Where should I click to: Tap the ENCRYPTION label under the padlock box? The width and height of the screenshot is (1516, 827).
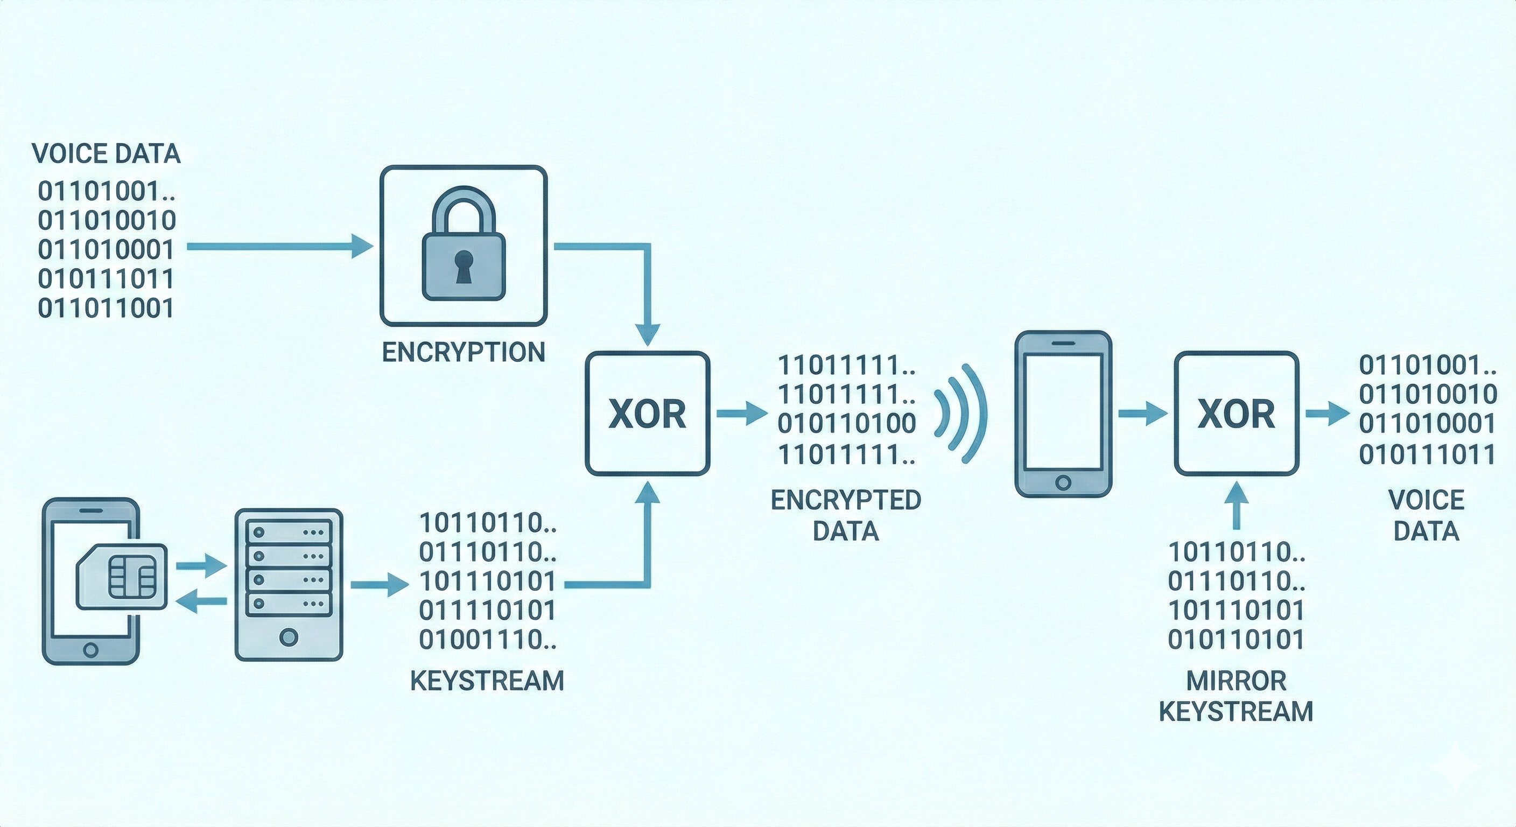464,353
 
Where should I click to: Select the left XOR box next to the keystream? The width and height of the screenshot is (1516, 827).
647,413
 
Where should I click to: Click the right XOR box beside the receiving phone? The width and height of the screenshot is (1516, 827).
1237,413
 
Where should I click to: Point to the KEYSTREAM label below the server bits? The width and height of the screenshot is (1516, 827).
487,681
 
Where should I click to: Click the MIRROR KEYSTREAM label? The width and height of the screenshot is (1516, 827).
1237,696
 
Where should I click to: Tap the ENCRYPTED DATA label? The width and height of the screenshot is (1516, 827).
846,515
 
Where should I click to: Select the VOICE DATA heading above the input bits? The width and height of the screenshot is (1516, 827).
106,153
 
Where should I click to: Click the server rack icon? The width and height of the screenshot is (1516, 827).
289,585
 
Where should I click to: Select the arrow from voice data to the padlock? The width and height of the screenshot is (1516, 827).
279,246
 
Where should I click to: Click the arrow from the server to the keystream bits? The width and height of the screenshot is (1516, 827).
380,585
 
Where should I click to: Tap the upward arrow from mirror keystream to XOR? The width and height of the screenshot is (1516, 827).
1237,504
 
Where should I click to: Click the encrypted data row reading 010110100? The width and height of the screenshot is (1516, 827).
847,424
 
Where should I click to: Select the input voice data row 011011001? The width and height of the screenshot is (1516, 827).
106,309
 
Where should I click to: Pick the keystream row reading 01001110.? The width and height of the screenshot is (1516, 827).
487,639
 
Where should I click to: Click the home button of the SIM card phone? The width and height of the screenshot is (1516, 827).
90,650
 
